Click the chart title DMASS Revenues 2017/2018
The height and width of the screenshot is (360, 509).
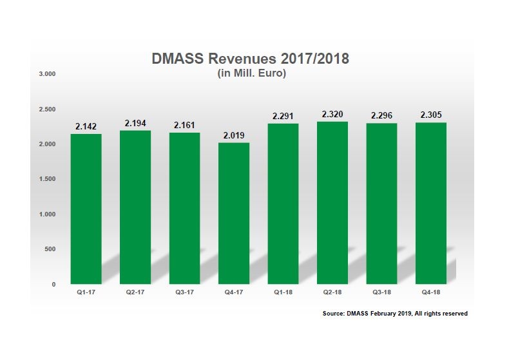[x=250, y=59]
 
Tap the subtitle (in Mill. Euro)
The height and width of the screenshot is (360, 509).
[x=250, y=73]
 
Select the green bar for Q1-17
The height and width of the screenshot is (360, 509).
[x=86, y=209]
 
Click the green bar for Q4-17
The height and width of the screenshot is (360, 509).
[x=234, y=213]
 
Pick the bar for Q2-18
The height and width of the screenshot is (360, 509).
[x=332, y=202]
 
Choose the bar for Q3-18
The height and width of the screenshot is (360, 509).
[x=381, y=204]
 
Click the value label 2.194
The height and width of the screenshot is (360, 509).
[x=135, y=123]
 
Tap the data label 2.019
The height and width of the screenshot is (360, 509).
[x=234, y=135]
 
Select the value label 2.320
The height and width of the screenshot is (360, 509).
[x=332, y=115]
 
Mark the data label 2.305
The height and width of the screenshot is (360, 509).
[x=431, y=115]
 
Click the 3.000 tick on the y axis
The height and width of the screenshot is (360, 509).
[x=48, y=74]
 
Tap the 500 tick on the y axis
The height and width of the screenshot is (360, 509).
[x=51, y=249]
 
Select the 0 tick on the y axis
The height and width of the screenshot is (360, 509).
[x=55, y=284]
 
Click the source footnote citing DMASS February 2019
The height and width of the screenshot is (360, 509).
[x=395, y=314]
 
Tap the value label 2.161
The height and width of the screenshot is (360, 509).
[x=184, y=125]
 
